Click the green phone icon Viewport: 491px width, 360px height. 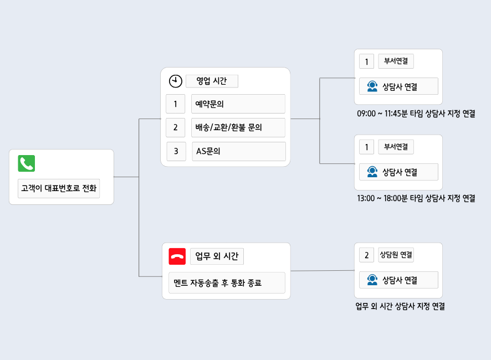(27, 163)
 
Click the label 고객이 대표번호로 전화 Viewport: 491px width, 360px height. (59, 188)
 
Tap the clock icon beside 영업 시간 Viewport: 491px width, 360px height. (175, 81)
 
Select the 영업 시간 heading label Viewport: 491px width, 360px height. (212, 81)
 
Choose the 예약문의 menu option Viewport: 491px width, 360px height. (238, 104)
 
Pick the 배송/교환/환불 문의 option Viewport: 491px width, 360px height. (238, 127)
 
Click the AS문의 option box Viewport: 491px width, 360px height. (239, 151)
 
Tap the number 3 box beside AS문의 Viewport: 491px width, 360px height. (176, 151)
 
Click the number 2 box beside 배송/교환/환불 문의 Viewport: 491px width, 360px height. (175, 127)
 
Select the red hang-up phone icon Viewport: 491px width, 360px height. (177, 256)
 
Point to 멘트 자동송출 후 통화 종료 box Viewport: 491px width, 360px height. (226, 282)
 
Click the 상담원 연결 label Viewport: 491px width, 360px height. (396, 255)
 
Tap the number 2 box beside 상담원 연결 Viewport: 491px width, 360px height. (366, 255)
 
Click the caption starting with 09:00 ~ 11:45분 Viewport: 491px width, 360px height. (416, 114)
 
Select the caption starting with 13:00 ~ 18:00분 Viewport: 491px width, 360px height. (416, 198)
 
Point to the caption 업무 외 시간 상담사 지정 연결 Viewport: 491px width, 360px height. (400, 306)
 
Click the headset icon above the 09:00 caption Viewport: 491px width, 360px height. (372, 86)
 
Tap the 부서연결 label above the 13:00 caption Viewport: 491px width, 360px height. (396, 147)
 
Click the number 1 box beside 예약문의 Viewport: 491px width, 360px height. (175, 104)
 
